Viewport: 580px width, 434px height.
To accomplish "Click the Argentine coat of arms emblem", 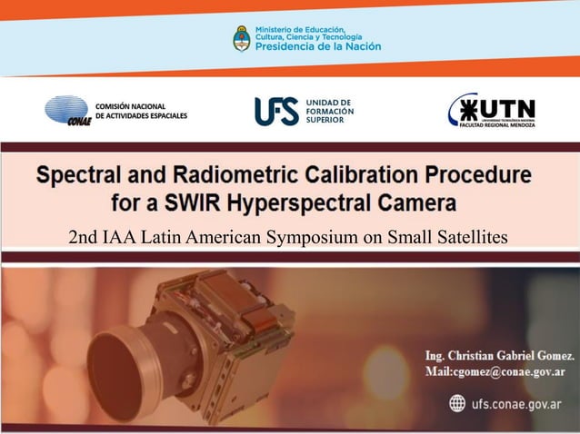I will [242, 38].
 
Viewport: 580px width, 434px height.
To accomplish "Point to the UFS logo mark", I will [275, 111].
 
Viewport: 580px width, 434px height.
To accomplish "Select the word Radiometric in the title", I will [235, 173].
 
